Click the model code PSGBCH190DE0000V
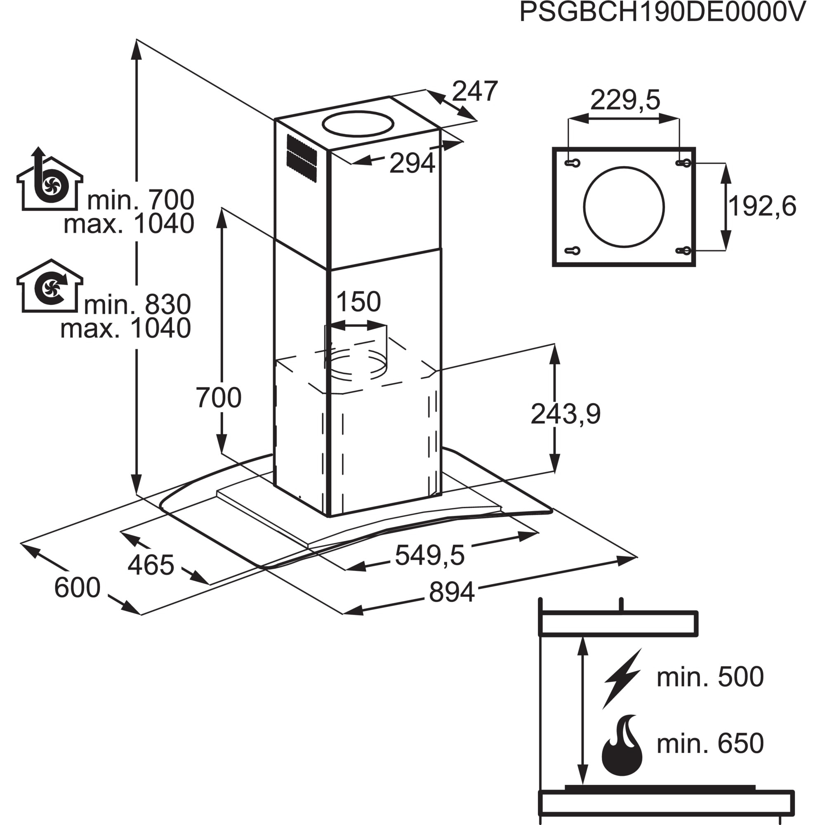pyautogui.click(x=662, y=13)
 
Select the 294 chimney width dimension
pyautogui.click(x=412, y=163)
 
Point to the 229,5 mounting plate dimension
pyautogui.click(x=625, y=100)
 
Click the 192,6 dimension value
pyautogui.click(x=762, y=206)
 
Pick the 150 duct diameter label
pyautogui.click(x=358, y=302)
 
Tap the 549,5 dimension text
pyautogui.click(x=429, y=556)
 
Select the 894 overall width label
pyautogui.click(x=451, y=592)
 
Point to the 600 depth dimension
pyautogui.click(x=77, y=587)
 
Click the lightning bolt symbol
pyautogui.click(x=622, y=679)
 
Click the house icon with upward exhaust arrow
pyautogui.click(x=49, y=181)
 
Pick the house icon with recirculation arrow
pyautogui.click(x=49, y=286)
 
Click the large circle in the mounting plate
pyautogui.click(x=623, y=207)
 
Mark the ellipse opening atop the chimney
pyautogui.click(x=358, y=124)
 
